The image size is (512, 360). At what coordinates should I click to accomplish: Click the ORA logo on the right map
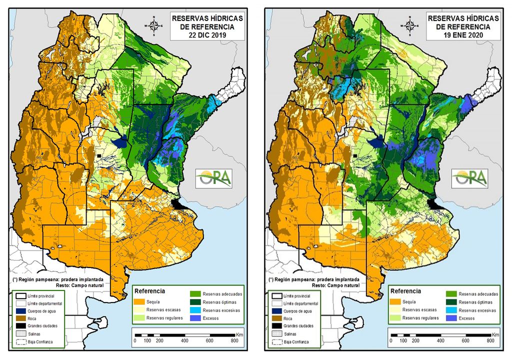pyautogui.click(x=470, y=177)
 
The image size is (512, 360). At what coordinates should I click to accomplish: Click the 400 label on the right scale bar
pyautogui.click(x=440, y=340)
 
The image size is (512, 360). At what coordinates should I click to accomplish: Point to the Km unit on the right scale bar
pyautogui.click(x=495, y=334)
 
